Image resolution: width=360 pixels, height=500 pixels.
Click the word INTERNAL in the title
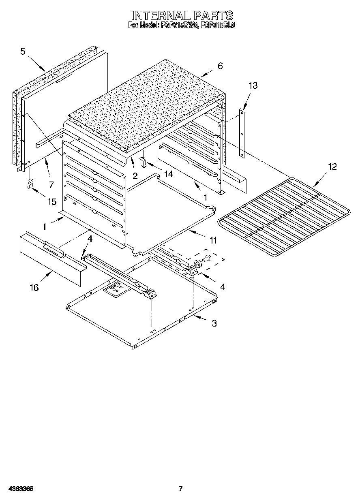tap(161, 15)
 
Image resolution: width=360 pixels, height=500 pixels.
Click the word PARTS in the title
tap(213, 15)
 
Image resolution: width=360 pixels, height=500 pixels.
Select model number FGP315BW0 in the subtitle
tap(178, 25)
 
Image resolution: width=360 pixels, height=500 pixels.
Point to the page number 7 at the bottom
tap(181, 489)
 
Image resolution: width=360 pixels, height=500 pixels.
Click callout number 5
tap(23, 51)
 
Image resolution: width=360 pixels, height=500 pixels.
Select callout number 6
tap(220, 66)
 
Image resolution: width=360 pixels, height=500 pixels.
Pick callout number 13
tap(253, 85)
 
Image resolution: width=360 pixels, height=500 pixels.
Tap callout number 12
tap(332, 167)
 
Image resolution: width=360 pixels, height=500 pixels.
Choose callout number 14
tap(168, 174)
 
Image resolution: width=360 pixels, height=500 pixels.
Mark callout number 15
tap(51, 201)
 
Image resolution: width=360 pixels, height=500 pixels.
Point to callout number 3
tap(214, 323)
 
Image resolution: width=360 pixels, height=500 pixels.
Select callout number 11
tap(212, 240)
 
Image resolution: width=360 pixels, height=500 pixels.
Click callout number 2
tap(135, 175)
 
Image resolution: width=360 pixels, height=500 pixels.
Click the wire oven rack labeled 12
tap(284, 215)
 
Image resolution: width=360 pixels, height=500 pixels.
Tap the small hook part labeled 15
tap(30, 184)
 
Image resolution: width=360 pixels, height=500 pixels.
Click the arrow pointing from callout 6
tap(207, 73)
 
